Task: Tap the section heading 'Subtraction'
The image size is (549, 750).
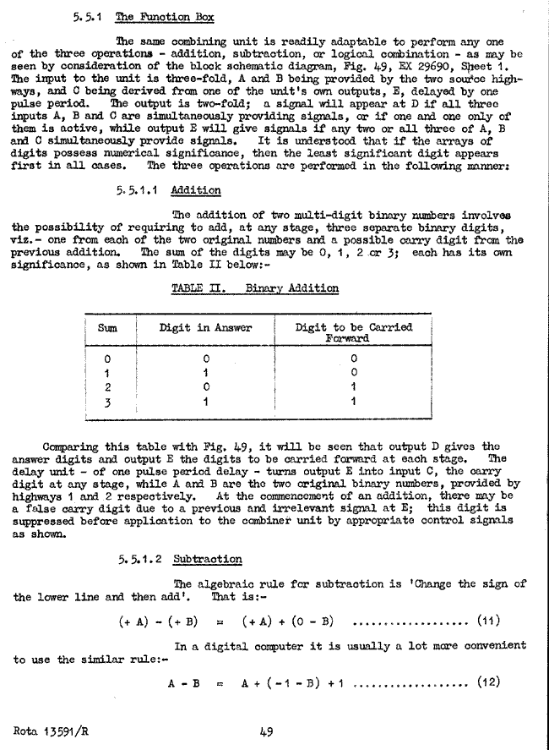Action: point(207,559)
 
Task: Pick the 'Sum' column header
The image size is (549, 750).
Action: point(107,328)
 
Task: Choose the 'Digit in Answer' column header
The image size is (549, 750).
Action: point(205,328)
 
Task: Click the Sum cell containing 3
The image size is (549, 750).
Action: point(107,402)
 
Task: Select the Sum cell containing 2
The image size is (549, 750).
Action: point(107,387)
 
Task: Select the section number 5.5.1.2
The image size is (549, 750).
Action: point(141,559)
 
